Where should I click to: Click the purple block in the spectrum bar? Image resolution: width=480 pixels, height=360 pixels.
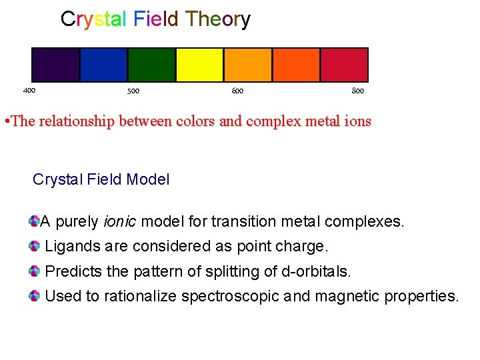pyautogui.click(x=55, y=65)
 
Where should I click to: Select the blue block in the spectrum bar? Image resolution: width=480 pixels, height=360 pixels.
pyautogui.click(x=103, y=65)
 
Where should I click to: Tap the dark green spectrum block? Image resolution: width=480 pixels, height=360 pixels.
pyautogui.click(x=151, y=65)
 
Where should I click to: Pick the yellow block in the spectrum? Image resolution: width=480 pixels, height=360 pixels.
pyautogui.click(x=199, y=65)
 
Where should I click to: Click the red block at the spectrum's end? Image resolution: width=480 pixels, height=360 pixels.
pyautogui.click(x=344, y=65)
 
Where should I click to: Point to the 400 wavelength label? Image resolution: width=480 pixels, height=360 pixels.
pyautogui.click(x=29, y=90)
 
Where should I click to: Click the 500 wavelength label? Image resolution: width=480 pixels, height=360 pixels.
pyautogui.click(x=133, y=91)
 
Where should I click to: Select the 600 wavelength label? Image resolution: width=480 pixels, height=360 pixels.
pyautogui.click(x=237, y=91)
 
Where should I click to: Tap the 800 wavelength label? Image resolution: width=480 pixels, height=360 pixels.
pyautogui.click(x=357, y=91)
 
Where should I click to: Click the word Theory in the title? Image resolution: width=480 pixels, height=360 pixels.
pyautogui.click(x=217, y=19)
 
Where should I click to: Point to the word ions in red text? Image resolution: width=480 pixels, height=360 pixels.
pyautogui.click(x=357, y=122)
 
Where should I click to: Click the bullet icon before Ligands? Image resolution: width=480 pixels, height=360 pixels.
pyautogui.click(x=35, y=246)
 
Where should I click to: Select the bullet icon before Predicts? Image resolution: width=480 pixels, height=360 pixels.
pyautogui.click(x=35, y=271)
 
